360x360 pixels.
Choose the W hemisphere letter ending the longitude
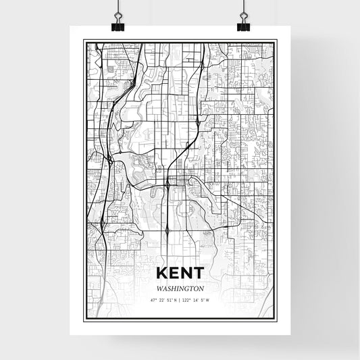coord(208,300)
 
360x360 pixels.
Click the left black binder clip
coord(118,26)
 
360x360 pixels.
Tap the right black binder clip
coord(241,26)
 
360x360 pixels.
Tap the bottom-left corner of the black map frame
coord(84,319)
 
